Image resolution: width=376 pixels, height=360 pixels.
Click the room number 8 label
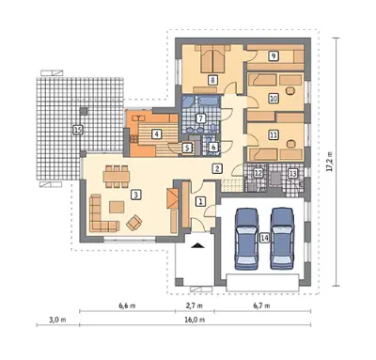click(x=212, y=80)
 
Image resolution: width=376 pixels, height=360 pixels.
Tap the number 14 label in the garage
click(x=264, y=238)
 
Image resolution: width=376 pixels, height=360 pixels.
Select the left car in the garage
click(x=246, y=239)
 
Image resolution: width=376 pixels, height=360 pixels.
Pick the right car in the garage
click(x=282, y=239)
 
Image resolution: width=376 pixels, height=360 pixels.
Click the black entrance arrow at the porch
click(x=197, y=245)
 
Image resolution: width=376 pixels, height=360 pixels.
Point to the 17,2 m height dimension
click(x=330, y=162)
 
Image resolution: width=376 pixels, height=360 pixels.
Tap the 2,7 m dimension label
click(x=194, y=305)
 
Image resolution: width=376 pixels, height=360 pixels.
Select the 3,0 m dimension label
click(x=57, y=320)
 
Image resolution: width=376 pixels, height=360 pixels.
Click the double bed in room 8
click(x=212, y=58)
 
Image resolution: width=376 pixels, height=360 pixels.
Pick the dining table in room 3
click(x=117, y=177)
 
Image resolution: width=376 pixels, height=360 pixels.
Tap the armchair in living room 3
click(x=134, y=223)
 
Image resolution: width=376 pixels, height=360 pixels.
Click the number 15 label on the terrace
click(x=78, y=130)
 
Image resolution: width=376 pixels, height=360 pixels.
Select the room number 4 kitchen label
click(x=156, y=134)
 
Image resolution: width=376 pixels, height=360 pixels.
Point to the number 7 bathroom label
click(x=200, y=118)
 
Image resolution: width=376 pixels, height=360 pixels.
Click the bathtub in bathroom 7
click(x=208, y=101)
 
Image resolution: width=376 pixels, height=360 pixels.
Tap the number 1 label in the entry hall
click(x=200, y=201)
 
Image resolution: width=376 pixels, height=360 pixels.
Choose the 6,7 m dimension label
click(x=261, y=305)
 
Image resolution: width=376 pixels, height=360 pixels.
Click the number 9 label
click(x=274, y=56)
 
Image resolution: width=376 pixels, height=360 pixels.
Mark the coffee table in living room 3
click(x=117, y=207)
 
